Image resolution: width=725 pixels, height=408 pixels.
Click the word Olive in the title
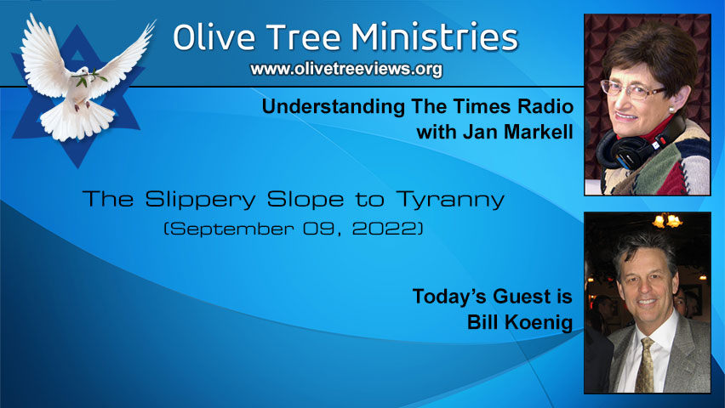click(209, 39)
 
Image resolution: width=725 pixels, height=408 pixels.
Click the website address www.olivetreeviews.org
click(346, 70)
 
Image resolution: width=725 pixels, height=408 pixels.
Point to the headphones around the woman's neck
click(630, 144)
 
